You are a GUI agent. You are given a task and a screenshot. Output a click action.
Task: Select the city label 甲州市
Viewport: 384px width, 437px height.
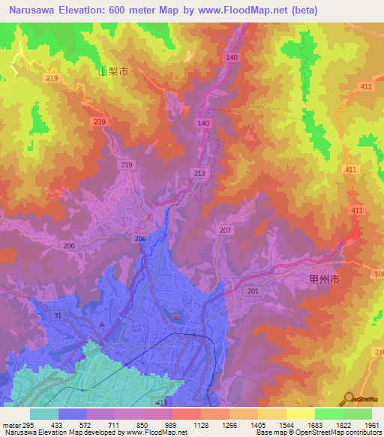pos(325,279)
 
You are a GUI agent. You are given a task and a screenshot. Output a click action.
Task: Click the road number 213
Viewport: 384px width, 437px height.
pos(199,173)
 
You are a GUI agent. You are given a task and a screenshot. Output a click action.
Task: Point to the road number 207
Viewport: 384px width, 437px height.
pos(226,230)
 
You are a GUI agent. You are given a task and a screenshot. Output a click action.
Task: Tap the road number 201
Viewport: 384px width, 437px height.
pos(253,291)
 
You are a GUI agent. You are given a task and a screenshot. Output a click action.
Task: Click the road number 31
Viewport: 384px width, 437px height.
pos(57,315)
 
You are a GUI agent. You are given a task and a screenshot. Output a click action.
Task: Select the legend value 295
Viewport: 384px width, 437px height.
pos(30,424)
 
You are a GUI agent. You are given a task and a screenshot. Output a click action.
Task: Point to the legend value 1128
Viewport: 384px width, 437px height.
pos(201,424)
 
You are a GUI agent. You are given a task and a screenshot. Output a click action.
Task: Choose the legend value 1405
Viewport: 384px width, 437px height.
pos(258,424)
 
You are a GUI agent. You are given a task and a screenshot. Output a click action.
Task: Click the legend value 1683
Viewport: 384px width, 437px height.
pos(315,424)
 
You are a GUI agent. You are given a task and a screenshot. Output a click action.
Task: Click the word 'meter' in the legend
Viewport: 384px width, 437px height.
pos(10,424)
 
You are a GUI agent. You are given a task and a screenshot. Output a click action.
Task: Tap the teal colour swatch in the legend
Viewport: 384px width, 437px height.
pos(44,414)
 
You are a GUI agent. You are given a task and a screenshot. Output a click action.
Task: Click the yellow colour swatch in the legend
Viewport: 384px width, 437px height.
pos(300,414)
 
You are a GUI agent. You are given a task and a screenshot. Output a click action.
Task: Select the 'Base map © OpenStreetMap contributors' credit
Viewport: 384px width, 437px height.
pos(317,432)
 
